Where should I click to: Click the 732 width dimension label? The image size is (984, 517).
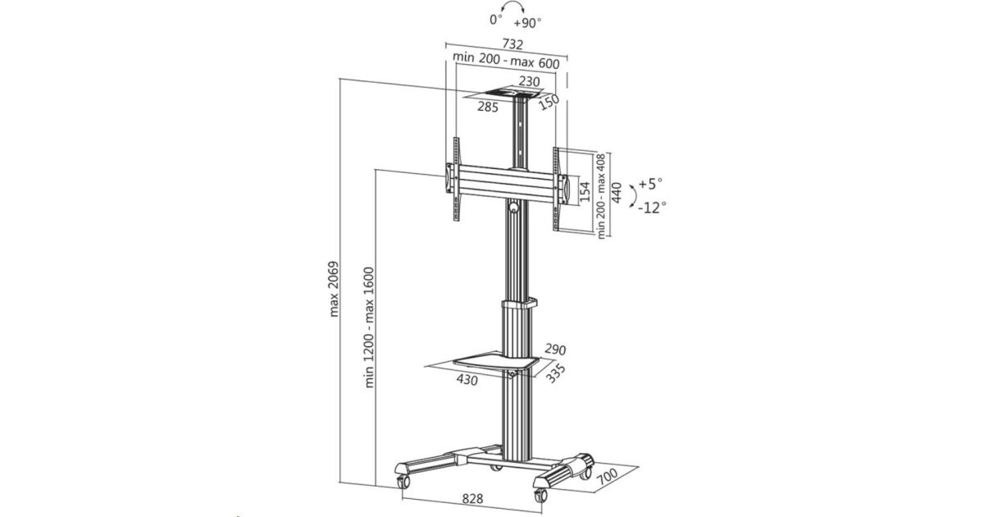pos(512,44)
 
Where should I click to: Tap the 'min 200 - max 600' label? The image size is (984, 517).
pos(506,60)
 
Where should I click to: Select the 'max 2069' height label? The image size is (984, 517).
pos(335,289)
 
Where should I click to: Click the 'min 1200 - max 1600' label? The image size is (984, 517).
pos(369,327)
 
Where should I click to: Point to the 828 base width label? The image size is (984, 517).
pos(472,499)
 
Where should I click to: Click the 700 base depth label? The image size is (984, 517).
pos(608,477)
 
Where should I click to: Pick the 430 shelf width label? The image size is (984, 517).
pos(467,379)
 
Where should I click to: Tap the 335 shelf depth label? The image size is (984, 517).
pos(555,373)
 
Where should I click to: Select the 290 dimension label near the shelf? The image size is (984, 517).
pos(555,350)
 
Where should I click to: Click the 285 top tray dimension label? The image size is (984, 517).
pos(488,107)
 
